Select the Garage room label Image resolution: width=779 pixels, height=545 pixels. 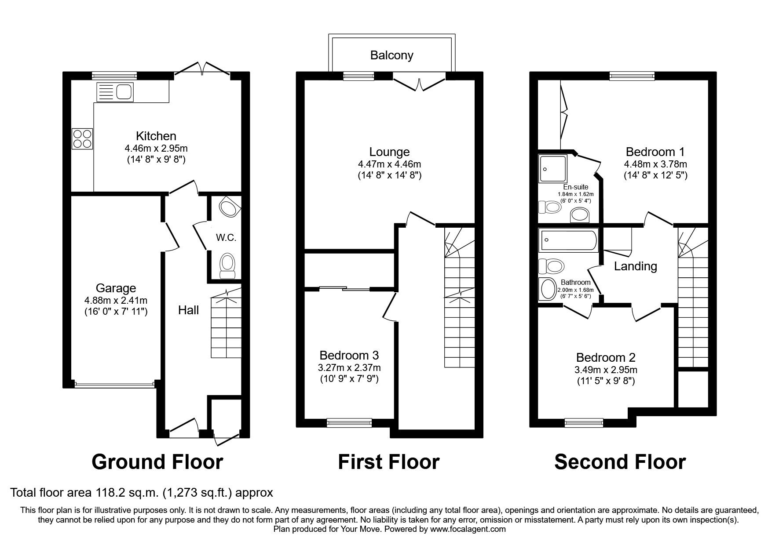point(116,288)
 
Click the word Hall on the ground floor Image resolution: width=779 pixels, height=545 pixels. point(188,310)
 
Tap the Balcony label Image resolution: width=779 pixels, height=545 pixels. point(391,55)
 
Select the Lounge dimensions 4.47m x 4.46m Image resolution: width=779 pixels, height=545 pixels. point(389,164)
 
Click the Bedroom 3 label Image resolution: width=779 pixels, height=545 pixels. point(349,355)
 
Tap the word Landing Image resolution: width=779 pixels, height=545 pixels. point(635,266)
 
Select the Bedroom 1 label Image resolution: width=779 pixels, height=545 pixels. point(655,152)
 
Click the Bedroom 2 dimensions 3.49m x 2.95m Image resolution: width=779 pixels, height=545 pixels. point(606,370)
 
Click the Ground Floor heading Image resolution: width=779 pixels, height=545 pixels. point(157,462)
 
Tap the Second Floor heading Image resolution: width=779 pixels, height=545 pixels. point(620,462)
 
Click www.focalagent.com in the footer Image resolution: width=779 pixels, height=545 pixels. point(468,529)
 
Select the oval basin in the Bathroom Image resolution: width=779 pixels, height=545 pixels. point(548,290)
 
